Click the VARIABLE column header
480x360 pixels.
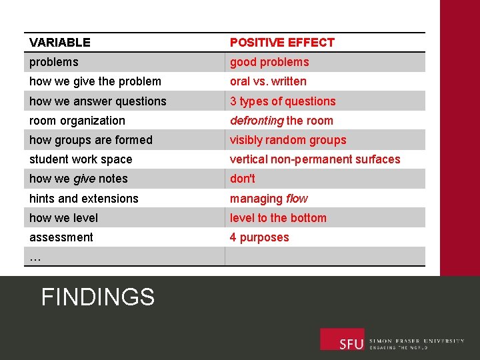click(60, 43)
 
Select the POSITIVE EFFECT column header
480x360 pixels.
click(282, 43)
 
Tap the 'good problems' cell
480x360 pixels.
click(269, 62)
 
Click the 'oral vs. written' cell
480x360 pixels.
click(268, 81)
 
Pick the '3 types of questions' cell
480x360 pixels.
click(283, 101)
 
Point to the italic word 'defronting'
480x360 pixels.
click(257, 121)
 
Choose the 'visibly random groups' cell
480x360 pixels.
click(288, 140)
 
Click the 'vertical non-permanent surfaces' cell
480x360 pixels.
click(315, 159)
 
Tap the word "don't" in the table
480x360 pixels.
click(243, 179)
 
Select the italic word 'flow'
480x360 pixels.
click(297, 199)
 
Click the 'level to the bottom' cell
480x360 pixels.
click(278, 218)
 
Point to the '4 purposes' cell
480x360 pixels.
click(259, 237)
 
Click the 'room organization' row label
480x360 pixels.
click(77, 121)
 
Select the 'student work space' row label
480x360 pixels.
click(81, 159)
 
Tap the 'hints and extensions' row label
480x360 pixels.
click(84, 199)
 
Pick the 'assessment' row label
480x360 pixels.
click(61, 237)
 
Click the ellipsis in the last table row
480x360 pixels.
click(35, 257)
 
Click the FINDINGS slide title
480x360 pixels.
click(98, 297)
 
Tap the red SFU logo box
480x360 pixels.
click(342, 339)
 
